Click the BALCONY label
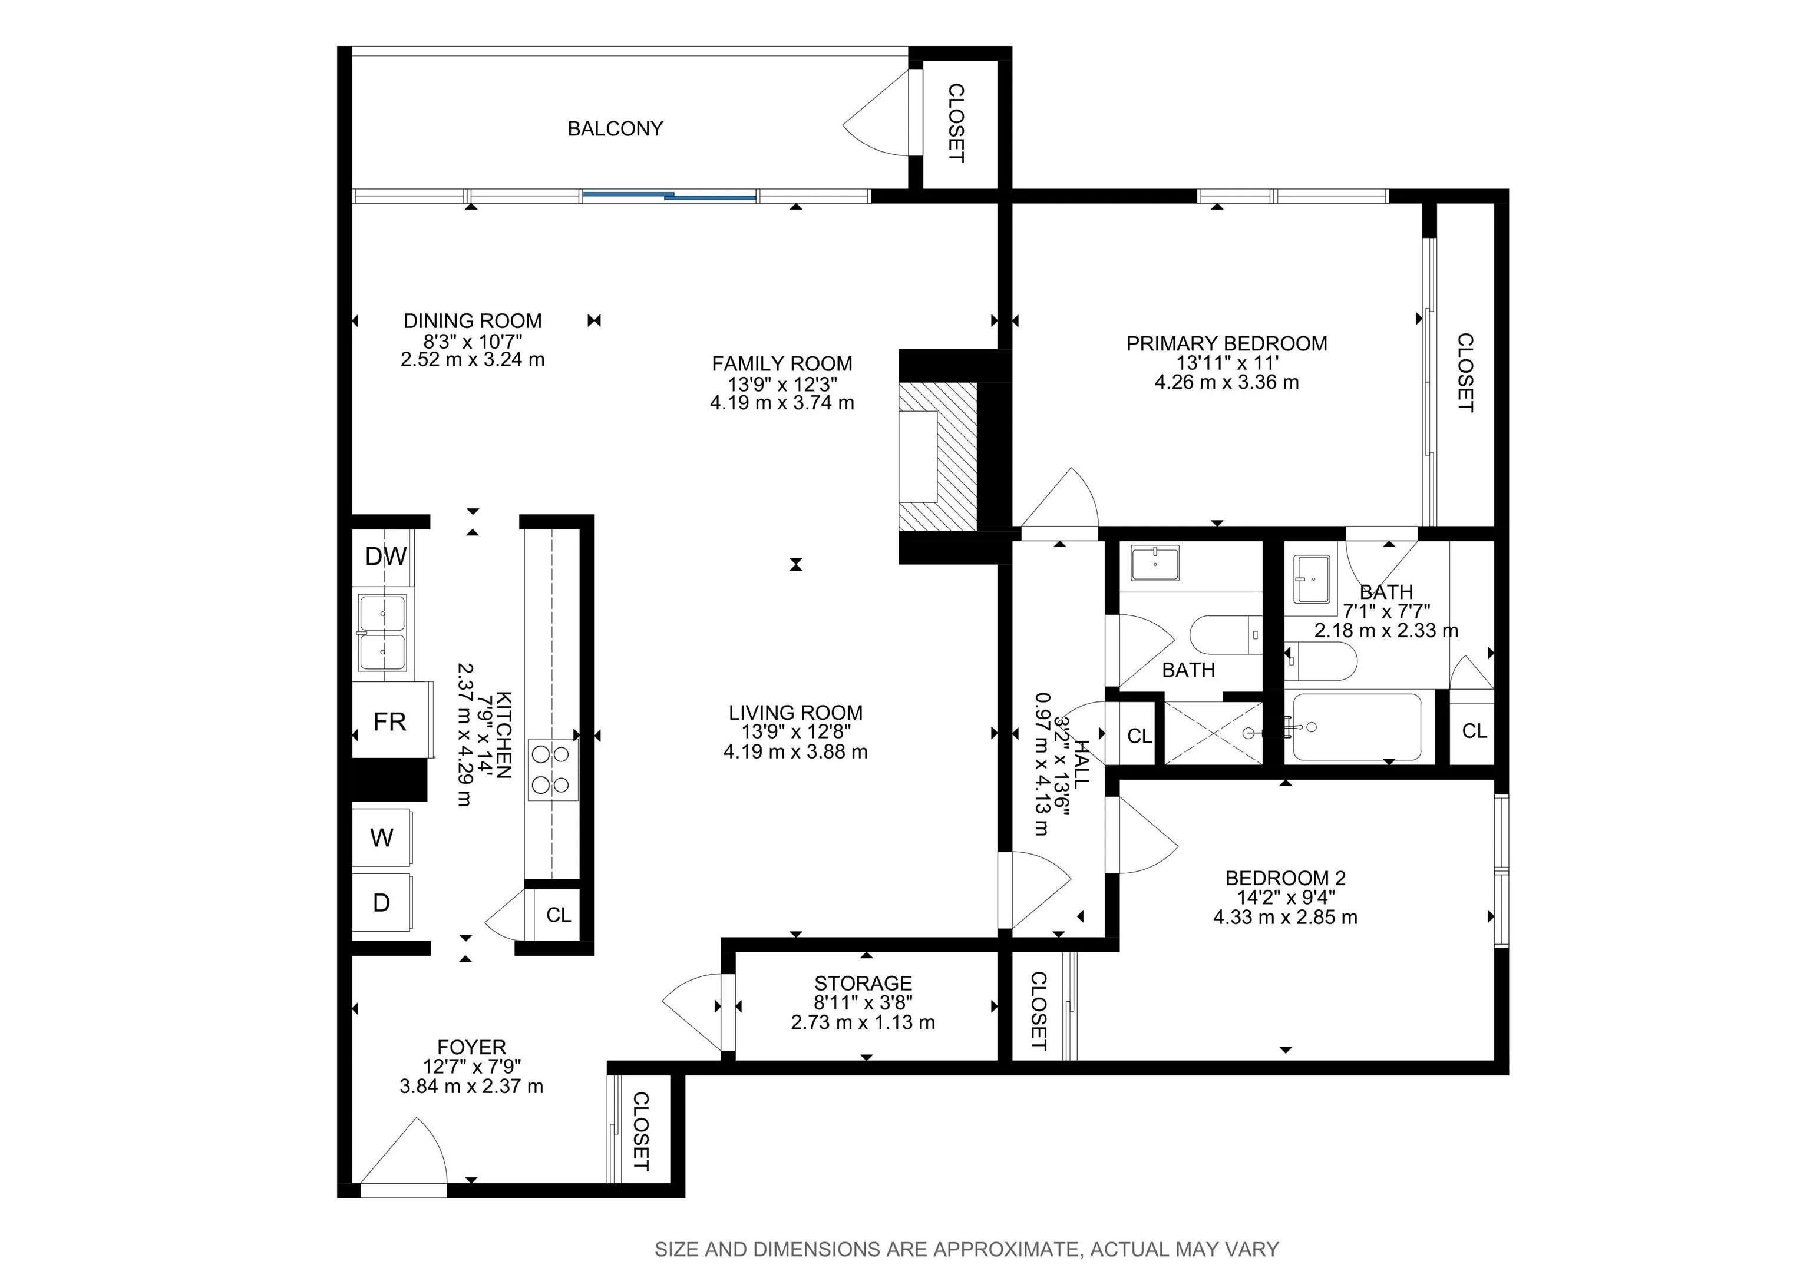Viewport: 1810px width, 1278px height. click(615, 128)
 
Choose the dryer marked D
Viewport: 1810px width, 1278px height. click(382, 902)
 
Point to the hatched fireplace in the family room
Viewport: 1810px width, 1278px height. click(938, 457)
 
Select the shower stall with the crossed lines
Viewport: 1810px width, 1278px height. click(1213, 733)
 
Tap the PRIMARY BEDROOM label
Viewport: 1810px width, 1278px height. click(1227, 343)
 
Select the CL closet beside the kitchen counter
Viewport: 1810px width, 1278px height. click(558, 915)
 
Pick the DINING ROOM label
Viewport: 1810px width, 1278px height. click(473, 321)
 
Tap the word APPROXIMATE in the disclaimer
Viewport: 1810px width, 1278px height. click(1005, 1250)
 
